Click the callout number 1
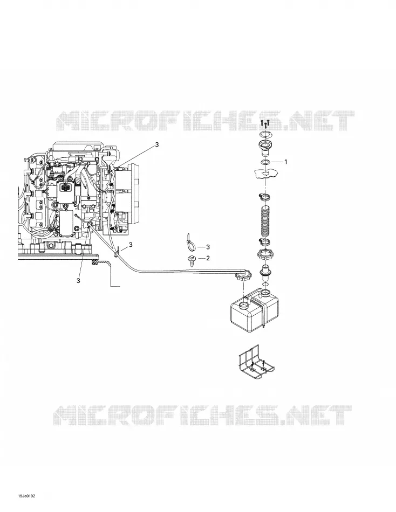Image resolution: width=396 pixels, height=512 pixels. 285,162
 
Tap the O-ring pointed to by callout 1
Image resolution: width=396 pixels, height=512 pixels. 265,162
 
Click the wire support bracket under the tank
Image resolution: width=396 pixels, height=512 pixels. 256,363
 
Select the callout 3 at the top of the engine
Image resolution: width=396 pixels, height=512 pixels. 157,144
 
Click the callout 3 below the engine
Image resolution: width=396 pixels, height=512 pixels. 78,280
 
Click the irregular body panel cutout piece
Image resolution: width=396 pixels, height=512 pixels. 266,174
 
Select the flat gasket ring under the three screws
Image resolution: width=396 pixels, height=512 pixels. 265,134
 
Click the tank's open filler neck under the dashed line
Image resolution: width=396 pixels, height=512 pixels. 244,306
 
